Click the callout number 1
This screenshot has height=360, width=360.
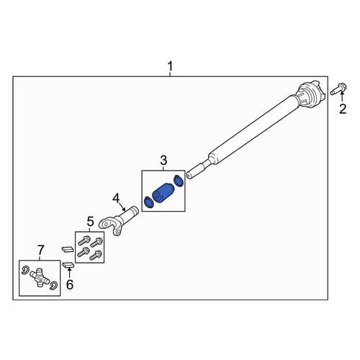click(170, 66)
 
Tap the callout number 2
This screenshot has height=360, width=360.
click(343, 109)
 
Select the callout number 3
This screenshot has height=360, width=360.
click(163, 161)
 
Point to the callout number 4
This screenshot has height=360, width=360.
click(116, 198)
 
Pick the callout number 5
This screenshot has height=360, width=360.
click(90, 221)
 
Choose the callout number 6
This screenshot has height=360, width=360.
click(70, 284)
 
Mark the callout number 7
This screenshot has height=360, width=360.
click(41, 250)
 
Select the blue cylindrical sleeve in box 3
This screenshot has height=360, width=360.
click(163, 194)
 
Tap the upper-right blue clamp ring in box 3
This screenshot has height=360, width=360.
click(179, 181)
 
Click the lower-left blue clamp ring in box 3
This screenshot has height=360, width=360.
click(148, 202)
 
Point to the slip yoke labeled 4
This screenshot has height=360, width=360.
click(119, 220)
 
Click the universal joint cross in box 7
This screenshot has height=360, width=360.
click(40, 278)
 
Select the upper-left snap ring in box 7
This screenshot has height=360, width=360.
click(25, 270)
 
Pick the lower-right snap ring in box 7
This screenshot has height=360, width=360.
click(53, 285)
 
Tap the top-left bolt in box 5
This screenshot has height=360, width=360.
click(84, 240)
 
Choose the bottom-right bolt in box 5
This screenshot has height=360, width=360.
click(96, 255)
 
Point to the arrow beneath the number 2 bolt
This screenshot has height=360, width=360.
click(342, 97)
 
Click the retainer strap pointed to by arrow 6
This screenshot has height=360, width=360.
click(68, 265)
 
